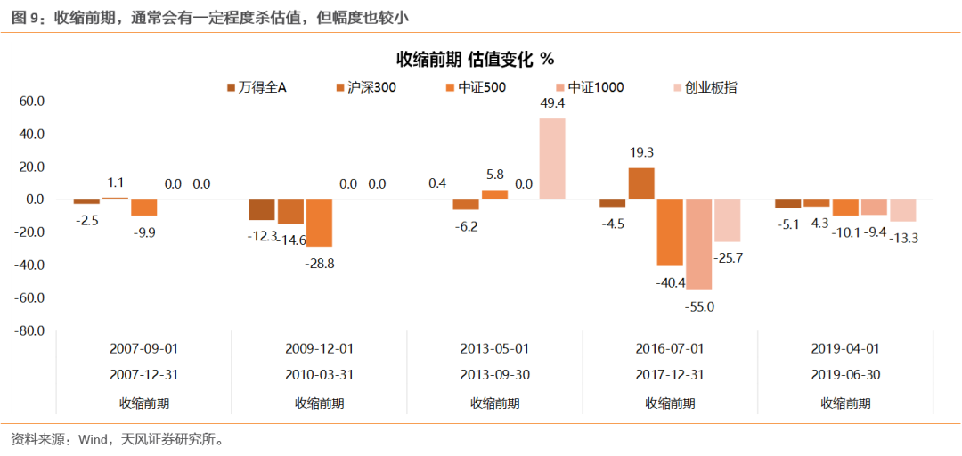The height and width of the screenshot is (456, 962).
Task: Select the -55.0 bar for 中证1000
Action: pos(698,244)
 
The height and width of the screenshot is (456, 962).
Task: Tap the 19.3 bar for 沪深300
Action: pos(641,183)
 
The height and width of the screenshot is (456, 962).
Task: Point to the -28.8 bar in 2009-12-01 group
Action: pos(319,223)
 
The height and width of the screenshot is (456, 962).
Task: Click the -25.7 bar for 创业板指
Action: pos(727,220)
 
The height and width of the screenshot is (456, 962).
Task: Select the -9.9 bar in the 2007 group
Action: pos(143,207)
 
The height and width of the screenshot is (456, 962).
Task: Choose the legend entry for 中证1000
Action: pos(589,87)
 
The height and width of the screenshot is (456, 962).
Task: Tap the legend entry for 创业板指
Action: pos(703,87)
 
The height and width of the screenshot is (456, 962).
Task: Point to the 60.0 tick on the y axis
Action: pos(30,102)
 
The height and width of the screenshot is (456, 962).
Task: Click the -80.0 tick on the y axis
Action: pos(29,330)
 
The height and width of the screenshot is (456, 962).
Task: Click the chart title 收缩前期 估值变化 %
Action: pos(475,60)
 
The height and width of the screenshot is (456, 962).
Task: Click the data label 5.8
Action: pos(494,175)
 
